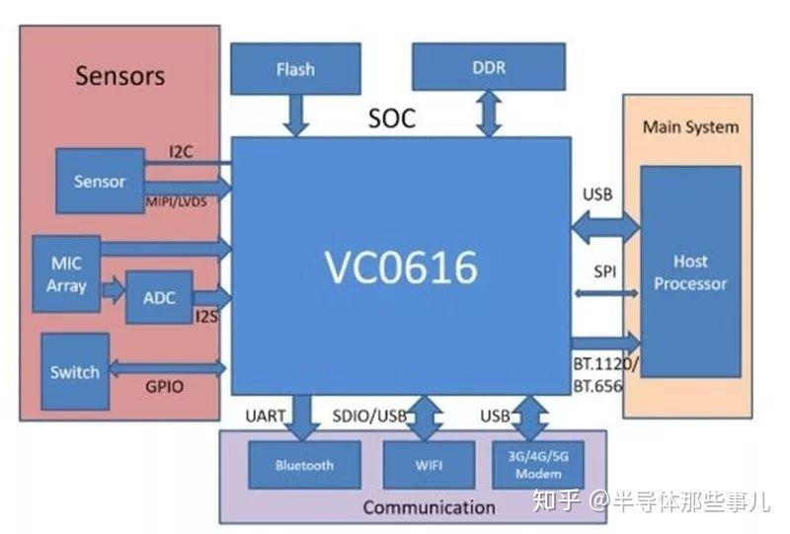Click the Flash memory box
tap(294, 69)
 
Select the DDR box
tap(488, 68)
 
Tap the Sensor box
tap(100, 181)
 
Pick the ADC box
tap(159, 296)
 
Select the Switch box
tap(75, 371)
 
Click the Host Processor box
tap(690, 272)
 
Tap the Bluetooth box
tap(304, 465)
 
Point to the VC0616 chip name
tap(400, 267)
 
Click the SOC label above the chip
tap(392, 119)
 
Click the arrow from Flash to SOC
tap(294, 114)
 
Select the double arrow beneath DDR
tap(488, 114)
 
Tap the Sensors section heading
tap(119, 75)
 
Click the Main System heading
tap(690, 127)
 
